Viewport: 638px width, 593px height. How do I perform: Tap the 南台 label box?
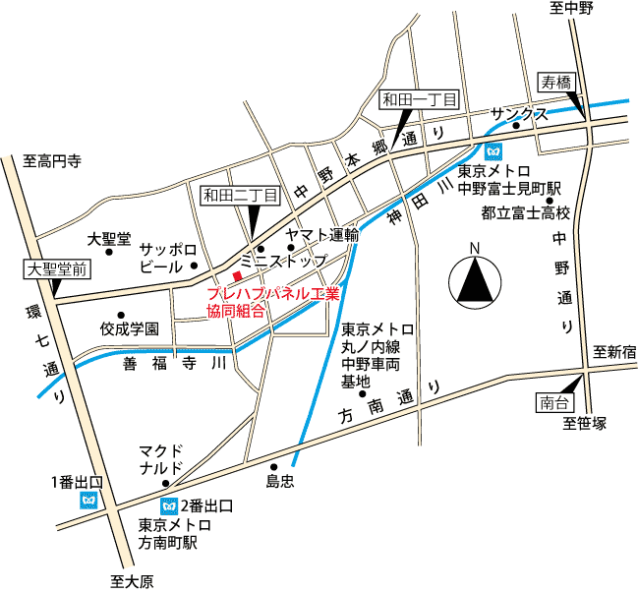pos(552,400)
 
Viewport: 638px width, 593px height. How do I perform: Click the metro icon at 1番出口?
pos(89,501)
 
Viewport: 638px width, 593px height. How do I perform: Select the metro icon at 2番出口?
pos(169,505)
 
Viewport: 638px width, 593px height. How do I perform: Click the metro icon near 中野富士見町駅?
pos(493,150)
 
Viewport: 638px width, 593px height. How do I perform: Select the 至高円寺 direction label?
pos(52,160)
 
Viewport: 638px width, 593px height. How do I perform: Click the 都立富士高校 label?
pos(526,212)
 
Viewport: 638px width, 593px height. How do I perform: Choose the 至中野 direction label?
pos(572,9)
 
